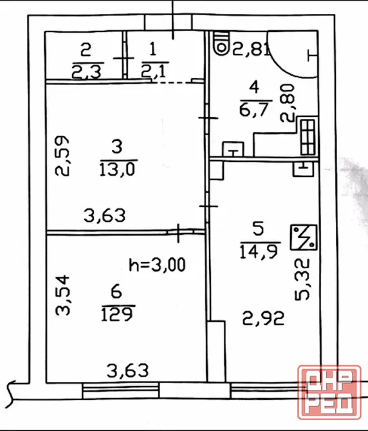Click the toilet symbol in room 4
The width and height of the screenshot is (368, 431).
tap(221, 44)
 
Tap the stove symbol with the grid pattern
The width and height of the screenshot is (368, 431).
tap(308, 138)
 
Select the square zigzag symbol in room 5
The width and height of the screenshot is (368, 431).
tap(304, 237)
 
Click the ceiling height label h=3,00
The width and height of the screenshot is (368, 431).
tap(157, 265)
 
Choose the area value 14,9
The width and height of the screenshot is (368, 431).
tap(259, 252)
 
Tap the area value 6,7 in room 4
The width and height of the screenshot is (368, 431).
tap(253, 109)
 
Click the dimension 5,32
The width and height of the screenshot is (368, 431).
tap(302, 279)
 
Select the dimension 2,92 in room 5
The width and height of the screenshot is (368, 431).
tap(263, 318)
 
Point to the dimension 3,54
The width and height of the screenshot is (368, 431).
tap(62, 295)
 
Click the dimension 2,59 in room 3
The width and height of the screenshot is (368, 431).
tap(62, 156)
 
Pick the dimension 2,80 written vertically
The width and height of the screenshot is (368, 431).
tap(287, 103)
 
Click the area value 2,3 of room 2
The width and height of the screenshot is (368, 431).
tap(87, 72)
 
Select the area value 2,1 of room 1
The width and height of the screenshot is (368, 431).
tap(154, 71)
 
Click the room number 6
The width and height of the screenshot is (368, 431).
tap(116, 291)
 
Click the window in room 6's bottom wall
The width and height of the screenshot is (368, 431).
tap(120, 390)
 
